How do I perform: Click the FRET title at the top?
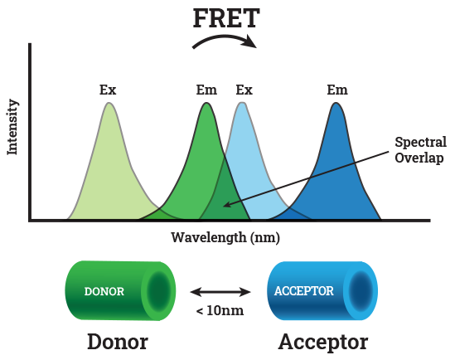[x=226, y=18]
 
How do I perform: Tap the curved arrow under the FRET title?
[x=224, y=38]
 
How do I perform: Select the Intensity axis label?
[x=12, y=127]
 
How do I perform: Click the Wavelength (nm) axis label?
[x=225, y=237]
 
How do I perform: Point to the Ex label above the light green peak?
[x=108, y=90]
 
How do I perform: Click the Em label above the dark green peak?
[x=206, y=90]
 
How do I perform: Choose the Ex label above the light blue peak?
[x=244, y=90]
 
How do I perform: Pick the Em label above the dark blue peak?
[x=337, y=90]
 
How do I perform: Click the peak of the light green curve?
[x=109, y=103]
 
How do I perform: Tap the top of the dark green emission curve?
[x=206, y=103]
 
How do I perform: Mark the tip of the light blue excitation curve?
[x=242, y=103]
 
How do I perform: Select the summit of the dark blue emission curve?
[x=336, y=103]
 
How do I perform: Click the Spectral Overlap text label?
[x=420, y=150]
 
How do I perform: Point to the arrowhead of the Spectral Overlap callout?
[x=224, y=206]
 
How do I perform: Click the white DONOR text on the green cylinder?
[x=104, y=291]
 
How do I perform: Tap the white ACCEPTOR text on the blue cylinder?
[x=304, y=291]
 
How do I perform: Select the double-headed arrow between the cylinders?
[x=220, y=292]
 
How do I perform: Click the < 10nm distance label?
[x=220, y=310]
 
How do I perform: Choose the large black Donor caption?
[x=118, y=342]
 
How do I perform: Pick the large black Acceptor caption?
[x=323, y=343]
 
